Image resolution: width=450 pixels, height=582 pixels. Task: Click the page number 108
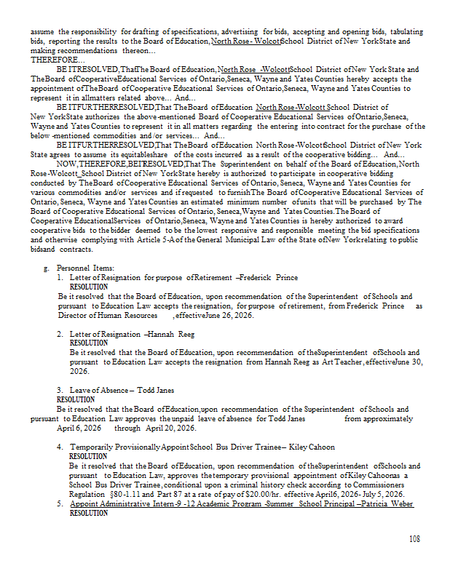tap(414, 539)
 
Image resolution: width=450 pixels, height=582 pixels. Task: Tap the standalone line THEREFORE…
tap(47, 60)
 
